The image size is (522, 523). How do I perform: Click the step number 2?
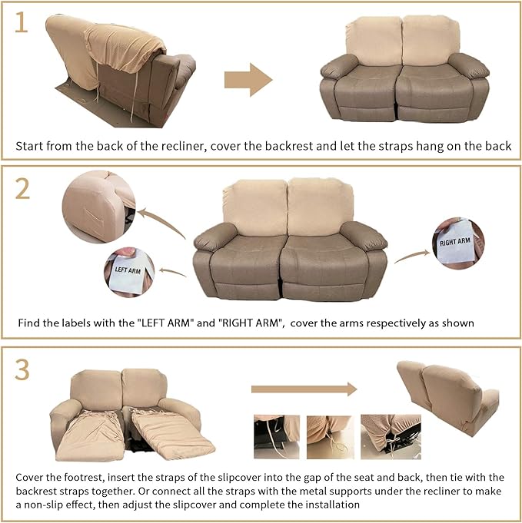(23, 187)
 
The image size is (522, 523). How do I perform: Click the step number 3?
(23, 369)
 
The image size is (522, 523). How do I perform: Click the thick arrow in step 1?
(248, 80)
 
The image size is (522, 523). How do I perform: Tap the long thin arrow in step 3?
(304, 389)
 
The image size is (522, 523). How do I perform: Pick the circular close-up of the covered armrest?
(98, 205)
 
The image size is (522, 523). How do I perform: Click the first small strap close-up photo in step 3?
(277, 437)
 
